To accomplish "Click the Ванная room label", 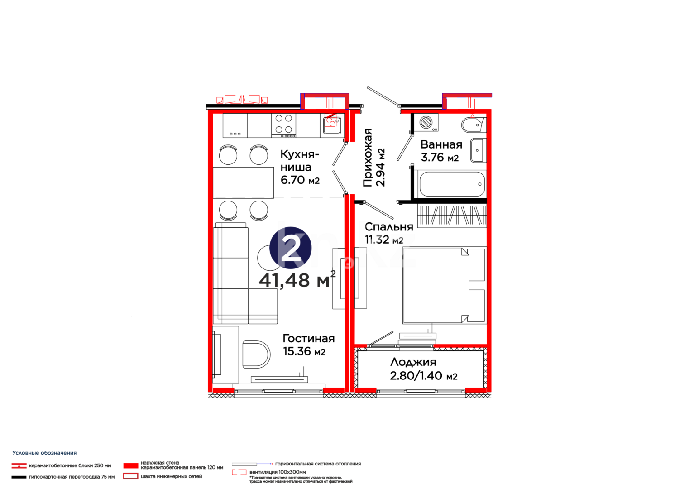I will click(441, 144).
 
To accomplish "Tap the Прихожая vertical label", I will click(368, 157).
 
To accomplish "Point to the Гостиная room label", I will click(308, 339).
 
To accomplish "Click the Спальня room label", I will click(388, 227).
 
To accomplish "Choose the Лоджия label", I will click(413, 362).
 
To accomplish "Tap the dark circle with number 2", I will click(290, 248).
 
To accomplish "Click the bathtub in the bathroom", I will click(452, 184).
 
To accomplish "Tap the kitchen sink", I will click(332, 123).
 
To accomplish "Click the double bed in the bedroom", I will click(444, 285).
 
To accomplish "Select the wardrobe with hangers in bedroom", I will click(451, 216).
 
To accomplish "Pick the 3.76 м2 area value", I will click(439, 158).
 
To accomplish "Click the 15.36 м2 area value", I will click(304, 351).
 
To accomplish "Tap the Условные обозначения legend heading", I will click(44, 453).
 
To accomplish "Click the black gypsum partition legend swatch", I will click(19, 477).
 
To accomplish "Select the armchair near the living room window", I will click(255, 354).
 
